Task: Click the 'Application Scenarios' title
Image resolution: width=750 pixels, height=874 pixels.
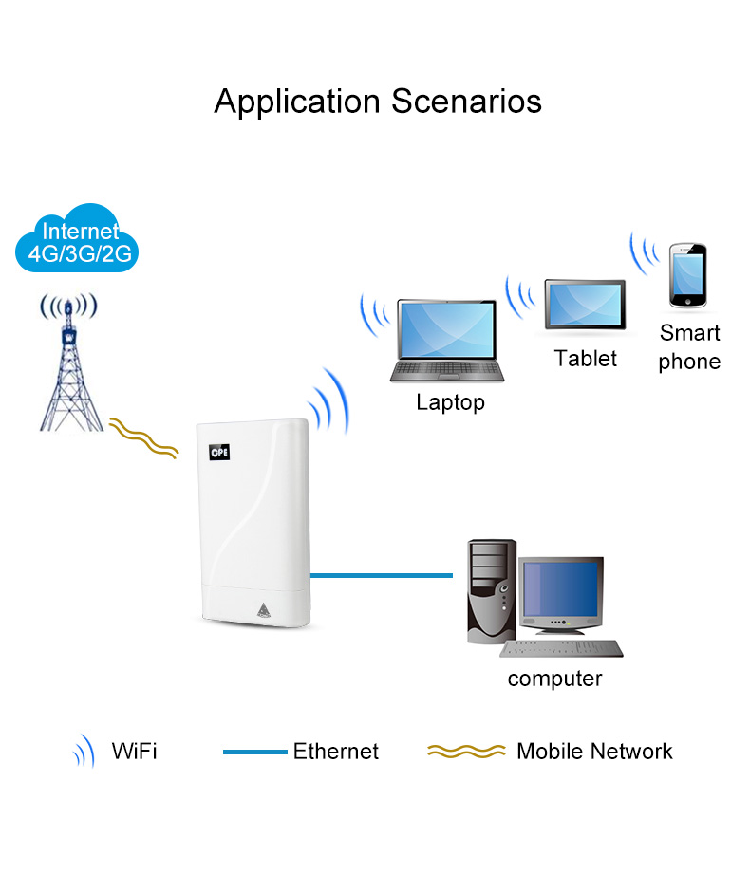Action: click(x=378, y=101)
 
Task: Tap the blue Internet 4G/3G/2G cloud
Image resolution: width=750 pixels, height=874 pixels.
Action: click(x=81, y=240)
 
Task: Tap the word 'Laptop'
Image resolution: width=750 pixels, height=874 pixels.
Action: click(x=450, y=402)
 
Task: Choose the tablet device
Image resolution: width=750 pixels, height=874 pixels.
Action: click(x=585, y=305)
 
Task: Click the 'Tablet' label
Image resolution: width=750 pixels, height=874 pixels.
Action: click(x=585, y=359)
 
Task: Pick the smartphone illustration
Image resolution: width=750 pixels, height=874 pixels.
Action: click(x=687, y=276)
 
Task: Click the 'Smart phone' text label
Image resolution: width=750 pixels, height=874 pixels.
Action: click(x=689, y=347)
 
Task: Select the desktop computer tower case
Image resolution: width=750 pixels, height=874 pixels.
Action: click(x=491, y=591)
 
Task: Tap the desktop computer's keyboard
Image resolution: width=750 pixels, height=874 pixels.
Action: click(x=562, y=650)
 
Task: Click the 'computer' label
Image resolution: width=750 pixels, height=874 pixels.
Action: click(x=554, y=679)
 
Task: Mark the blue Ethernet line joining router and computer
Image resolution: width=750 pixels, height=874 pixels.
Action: click(x=381, y=574)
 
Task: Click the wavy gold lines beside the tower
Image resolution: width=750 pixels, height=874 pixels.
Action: click(x=143, y=438)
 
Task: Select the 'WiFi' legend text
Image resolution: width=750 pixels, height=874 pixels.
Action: click(x=134, y=752)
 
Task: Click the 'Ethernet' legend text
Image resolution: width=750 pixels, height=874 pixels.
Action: click(x=335, y=752)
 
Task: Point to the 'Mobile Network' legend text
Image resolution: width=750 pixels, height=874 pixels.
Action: click(x=594, y=752)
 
